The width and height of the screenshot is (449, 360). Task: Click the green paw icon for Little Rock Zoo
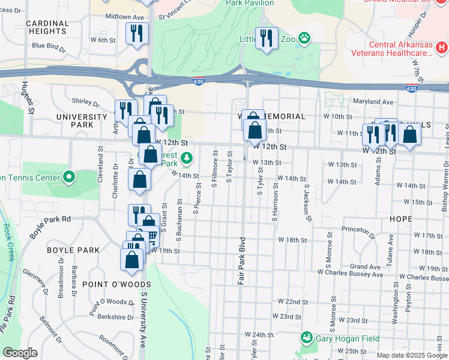point(306,38)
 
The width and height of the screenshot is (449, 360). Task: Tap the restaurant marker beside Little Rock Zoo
point(267,38)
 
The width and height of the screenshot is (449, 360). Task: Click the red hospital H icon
point(441,47)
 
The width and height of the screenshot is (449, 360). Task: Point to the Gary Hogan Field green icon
point(307,338)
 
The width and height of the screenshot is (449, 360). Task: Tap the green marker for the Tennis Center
point(69,177)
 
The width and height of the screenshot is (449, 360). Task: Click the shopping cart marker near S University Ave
point(151,238)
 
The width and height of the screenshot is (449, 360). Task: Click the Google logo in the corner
point(20,353)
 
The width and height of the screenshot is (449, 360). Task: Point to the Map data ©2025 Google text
point(411,355)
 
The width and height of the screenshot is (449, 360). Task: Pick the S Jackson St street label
point(307,202)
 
